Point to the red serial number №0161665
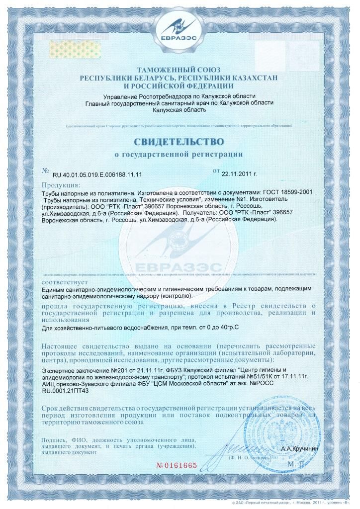[x=177, y=465]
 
